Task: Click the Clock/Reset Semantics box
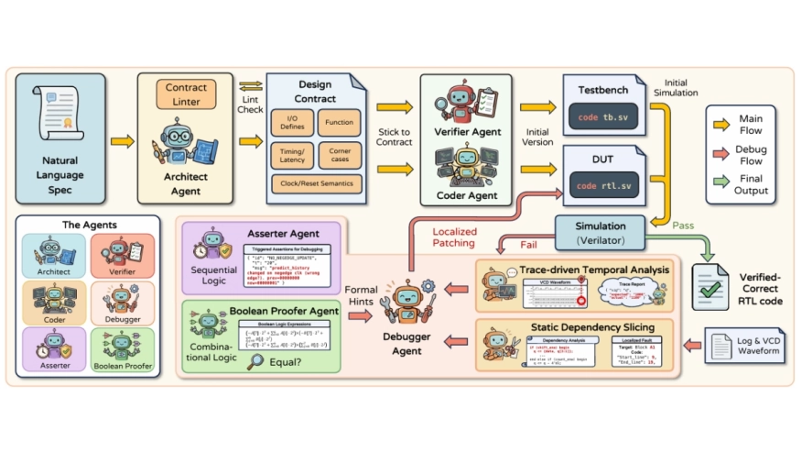click(x=317, y=184)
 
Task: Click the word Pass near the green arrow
click(x=684, y=223)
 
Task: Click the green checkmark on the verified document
click(x=710, y=286)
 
